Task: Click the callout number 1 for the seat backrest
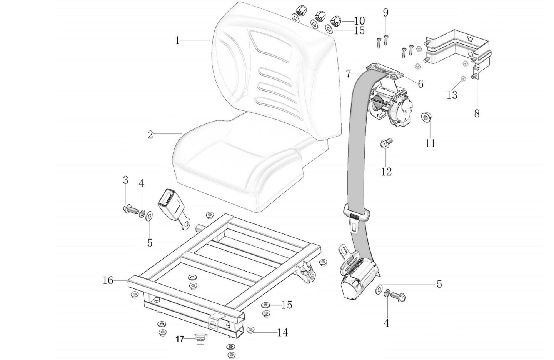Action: pos(177,40)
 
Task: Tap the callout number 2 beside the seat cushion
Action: pos(150,135)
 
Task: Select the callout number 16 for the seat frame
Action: pos(108,280)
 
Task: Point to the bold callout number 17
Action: pos(180,339)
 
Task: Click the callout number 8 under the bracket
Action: pos(477,113)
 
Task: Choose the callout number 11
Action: pos(430,143)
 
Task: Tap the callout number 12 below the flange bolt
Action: pos(386,172)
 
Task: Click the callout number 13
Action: pos(452,94)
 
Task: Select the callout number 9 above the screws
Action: pos(385,13)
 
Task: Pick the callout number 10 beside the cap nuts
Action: pos(359,20)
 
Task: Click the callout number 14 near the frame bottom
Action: pos(282,332)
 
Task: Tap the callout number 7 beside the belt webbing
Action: pos(349,73)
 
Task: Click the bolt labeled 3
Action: pos(130,210)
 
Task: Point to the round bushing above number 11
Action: pos(426,116)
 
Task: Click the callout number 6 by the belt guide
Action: pos(420,83)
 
